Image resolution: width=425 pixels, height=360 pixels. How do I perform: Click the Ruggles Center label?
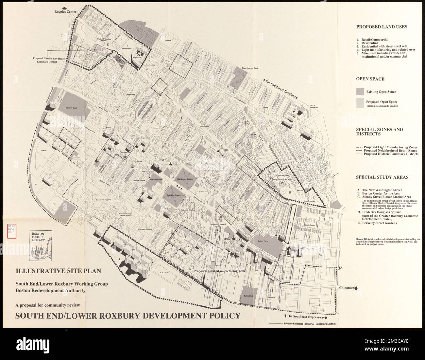(65, 12)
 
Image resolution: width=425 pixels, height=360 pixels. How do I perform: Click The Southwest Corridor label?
(281, 88)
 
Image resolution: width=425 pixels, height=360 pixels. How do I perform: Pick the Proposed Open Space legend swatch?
(360, 103)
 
